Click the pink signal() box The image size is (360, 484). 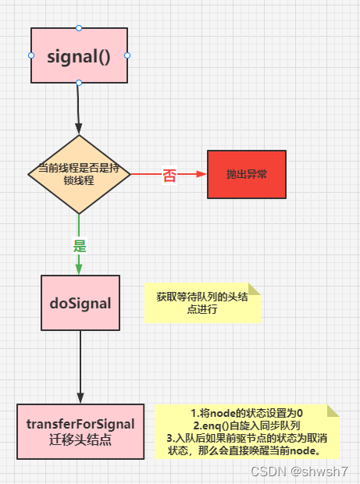pyautogui.click(x=79, y=55)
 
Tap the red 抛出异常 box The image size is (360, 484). pyautogui.click(x=246, y=174)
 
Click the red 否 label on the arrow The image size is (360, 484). pyautogui.click(x=169, y=176)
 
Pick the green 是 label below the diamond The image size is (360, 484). pyautogui.click(x=79, y=245)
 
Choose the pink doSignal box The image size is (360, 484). pyautogui.click(x=80, y=301)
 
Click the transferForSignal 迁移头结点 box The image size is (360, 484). pyautogui.click(x=80, y=431)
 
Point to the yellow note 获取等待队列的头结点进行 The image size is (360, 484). pyautogui.click(x=201, y=303)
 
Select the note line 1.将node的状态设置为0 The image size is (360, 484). pyautogui.click(x=247, y=413)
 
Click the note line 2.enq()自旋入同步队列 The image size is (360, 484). pyautogui.click(x=247, y=425)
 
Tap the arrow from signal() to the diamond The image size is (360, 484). pyautogui.click(x=78, y=109)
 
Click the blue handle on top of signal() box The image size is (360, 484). pyautogui.click(x=79, y=28)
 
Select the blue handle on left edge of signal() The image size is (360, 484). pyautogui.click(x=31, y=55)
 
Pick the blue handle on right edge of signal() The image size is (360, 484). pyautogui.click(x=127, y=55)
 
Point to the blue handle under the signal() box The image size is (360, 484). pyautogui.click(x=79, y=83)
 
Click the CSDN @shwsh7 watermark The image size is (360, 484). pyautogui.click(x=308, y=472)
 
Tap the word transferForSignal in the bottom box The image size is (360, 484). pyautogui.click(x=80, y=424)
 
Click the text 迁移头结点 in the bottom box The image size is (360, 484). pyautogui.click(x=80, y=440)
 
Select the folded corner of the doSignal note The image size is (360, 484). pyautogui.click(x=254, y=288)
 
